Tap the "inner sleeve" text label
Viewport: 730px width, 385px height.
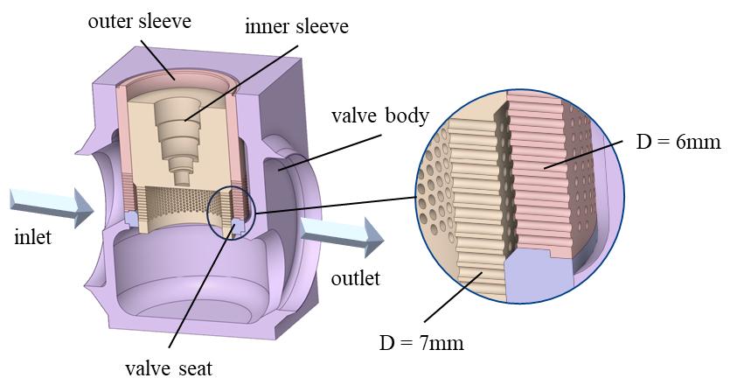click(x=296, y=26)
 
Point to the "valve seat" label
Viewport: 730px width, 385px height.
click(x=165, y=368)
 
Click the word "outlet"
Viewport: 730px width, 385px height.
click(x=357, y=278)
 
